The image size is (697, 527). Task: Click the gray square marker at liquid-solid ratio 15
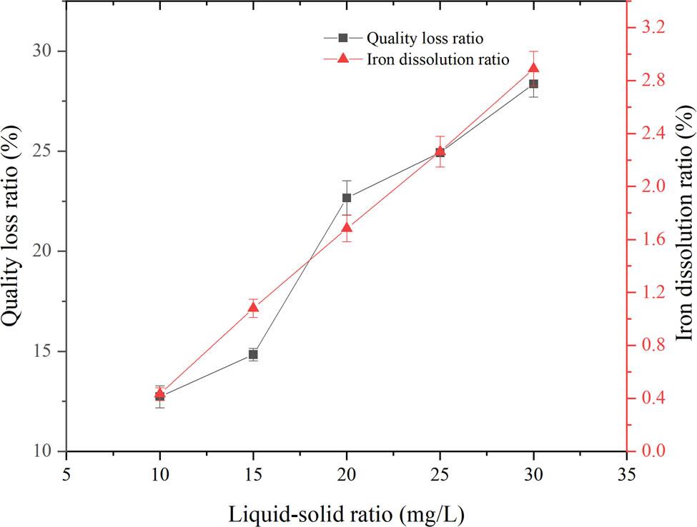tap(253, 354)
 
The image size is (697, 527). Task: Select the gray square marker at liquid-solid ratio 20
tap(347, 198)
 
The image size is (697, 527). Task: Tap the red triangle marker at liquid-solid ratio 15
tap(253, 308)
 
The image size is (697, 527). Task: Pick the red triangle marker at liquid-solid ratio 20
tap(347, 228)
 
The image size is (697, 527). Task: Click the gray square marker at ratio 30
tap(533, 84)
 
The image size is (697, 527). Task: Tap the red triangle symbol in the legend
tap(342, 59)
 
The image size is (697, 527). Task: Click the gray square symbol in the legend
tap(342, 38)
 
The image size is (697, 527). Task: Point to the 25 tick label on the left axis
tap(45, 151)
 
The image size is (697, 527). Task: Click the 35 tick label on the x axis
tap(626, 473)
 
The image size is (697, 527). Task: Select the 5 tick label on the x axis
tap(66, 473)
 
